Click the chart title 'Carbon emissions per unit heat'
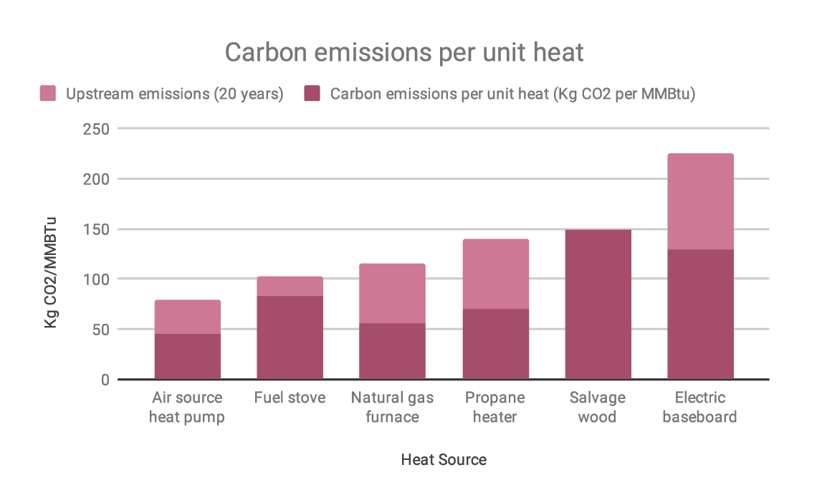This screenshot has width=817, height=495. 404,52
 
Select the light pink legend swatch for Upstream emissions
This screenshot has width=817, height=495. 47,94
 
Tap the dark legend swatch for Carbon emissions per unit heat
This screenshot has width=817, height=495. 312,94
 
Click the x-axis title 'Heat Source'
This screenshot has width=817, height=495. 444,460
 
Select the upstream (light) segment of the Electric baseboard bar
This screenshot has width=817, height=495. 700,201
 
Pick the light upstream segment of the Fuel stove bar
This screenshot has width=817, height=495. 290,286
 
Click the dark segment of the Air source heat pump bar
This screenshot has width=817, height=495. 187,356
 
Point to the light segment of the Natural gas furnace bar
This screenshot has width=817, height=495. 392,293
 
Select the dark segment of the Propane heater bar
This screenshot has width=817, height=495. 495,344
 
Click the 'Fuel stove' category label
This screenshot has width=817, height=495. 290,398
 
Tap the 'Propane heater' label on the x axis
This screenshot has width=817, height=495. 495,407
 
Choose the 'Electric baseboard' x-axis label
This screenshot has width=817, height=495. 699,407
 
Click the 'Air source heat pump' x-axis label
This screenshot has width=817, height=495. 187,407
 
